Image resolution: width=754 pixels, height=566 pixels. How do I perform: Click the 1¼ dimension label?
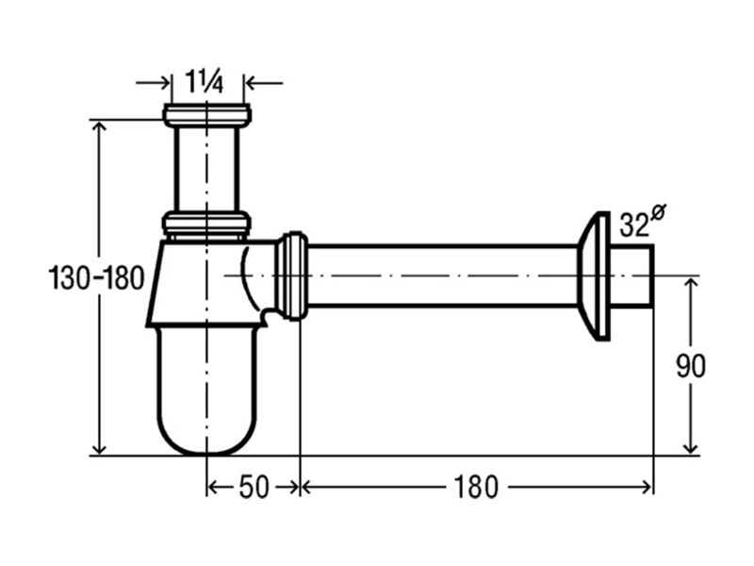pyautogui.click(x=205, y=82)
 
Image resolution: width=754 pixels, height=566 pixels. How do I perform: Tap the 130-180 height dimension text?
pyautogui.click(x=96, y=278)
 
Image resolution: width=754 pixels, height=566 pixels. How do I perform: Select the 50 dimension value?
pyautogui.click(x=254, y=487)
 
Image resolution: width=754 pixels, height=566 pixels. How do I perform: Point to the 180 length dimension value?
pyautogui.click(x=475, y=487)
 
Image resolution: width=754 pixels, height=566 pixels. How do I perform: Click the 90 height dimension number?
pyautogui.click(x=691, y=366)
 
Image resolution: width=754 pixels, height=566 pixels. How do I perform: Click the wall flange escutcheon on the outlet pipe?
pyautogui.click(x=594, y=276)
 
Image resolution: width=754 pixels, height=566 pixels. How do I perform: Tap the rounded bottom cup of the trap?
pyautogui.click(x=206, y=391)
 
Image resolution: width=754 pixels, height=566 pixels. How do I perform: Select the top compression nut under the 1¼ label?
pyautogui.click(x=206, y=115)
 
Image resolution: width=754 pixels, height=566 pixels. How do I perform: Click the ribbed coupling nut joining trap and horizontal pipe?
pyautogui.click(x=291, y=275)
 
